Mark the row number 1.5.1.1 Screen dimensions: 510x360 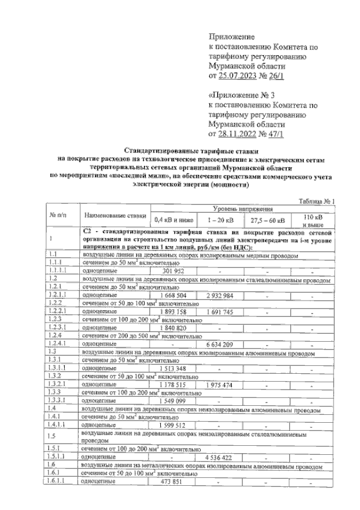coord(56,458)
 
